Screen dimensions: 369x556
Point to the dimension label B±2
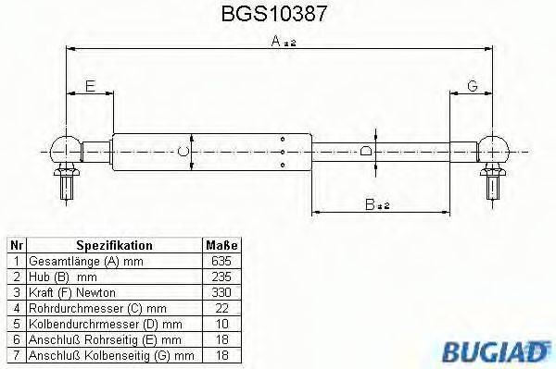point(376,204)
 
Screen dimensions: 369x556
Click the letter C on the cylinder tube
point(183,150)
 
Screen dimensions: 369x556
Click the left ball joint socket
point(68,147)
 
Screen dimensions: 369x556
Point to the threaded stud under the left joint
point(67,184)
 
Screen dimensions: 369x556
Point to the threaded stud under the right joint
point(492,184)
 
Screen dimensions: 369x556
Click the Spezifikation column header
point(114,246)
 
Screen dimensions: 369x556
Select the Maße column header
point(221,246)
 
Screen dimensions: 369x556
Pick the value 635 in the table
point(221,262)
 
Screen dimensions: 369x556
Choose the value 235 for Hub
point(221,277)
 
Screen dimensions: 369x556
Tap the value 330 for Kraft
point(221,292)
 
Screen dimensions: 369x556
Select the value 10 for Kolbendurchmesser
point(221,324)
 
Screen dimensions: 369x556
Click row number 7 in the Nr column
point(16,354)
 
